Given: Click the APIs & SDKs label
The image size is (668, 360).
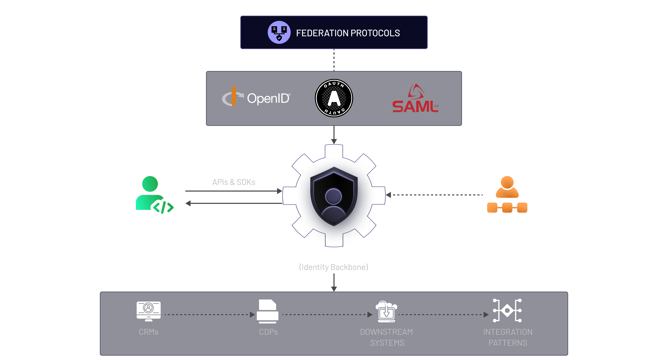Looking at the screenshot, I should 234,182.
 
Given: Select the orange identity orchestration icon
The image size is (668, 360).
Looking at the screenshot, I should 507,194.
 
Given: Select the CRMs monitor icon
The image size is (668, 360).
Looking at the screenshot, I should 149,311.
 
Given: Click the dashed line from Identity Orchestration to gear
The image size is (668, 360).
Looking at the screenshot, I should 436,195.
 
